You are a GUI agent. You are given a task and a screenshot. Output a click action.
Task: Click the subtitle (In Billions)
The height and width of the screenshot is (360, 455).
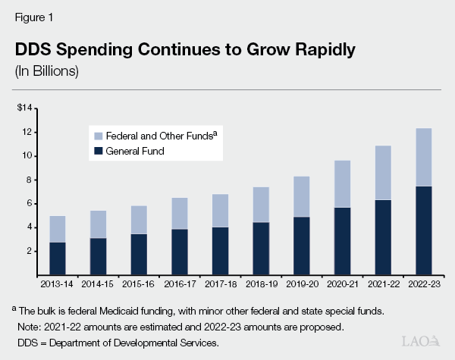pyautogui.click(x=47, y=72)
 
